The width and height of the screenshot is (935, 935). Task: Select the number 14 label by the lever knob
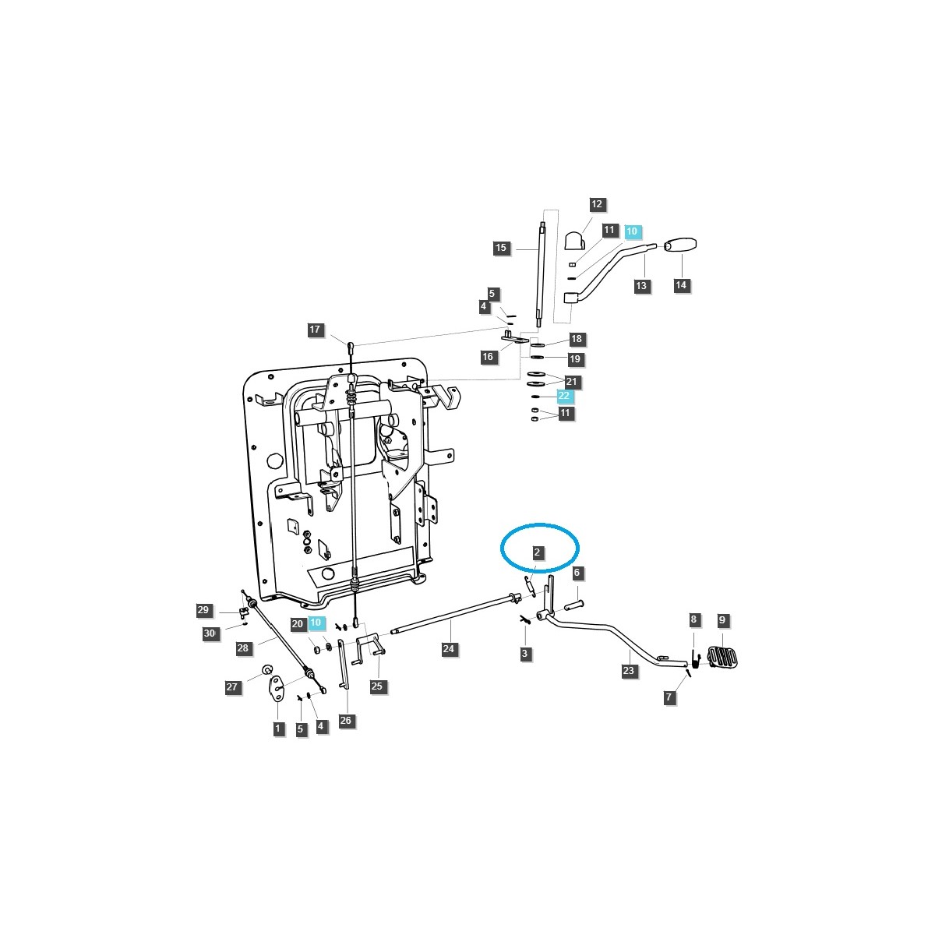click(681, 285)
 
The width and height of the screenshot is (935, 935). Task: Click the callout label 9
click(722, 620)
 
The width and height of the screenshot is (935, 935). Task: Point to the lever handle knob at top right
click(679, 246)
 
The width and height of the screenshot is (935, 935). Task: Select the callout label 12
click(597, 205)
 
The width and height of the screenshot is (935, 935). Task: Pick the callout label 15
click(501, 248)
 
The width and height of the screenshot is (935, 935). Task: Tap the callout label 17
click(315, 330)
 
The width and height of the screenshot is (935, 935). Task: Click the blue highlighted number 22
click(564, 396)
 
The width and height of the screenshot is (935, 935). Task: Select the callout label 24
click(449, 648)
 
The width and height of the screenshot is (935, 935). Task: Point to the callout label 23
click(629, 670)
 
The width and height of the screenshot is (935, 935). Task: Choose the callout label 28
click(243, 648)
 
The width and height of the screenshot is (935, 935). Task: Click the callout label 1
click(278, 729)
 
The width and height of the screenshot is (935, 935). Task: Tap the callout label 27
click(232, 687)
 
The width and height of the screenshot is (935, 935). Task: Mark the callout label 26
click(346, 721)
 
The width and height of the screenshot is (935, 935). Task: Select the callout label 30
click(210, 633)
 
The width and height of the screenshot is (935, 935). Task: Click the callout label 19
click(576, 359)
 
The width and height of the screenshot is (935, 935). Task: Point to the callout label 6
click(577, 573)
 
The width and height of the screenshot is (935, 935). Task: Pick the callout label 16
click(488, 357)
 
